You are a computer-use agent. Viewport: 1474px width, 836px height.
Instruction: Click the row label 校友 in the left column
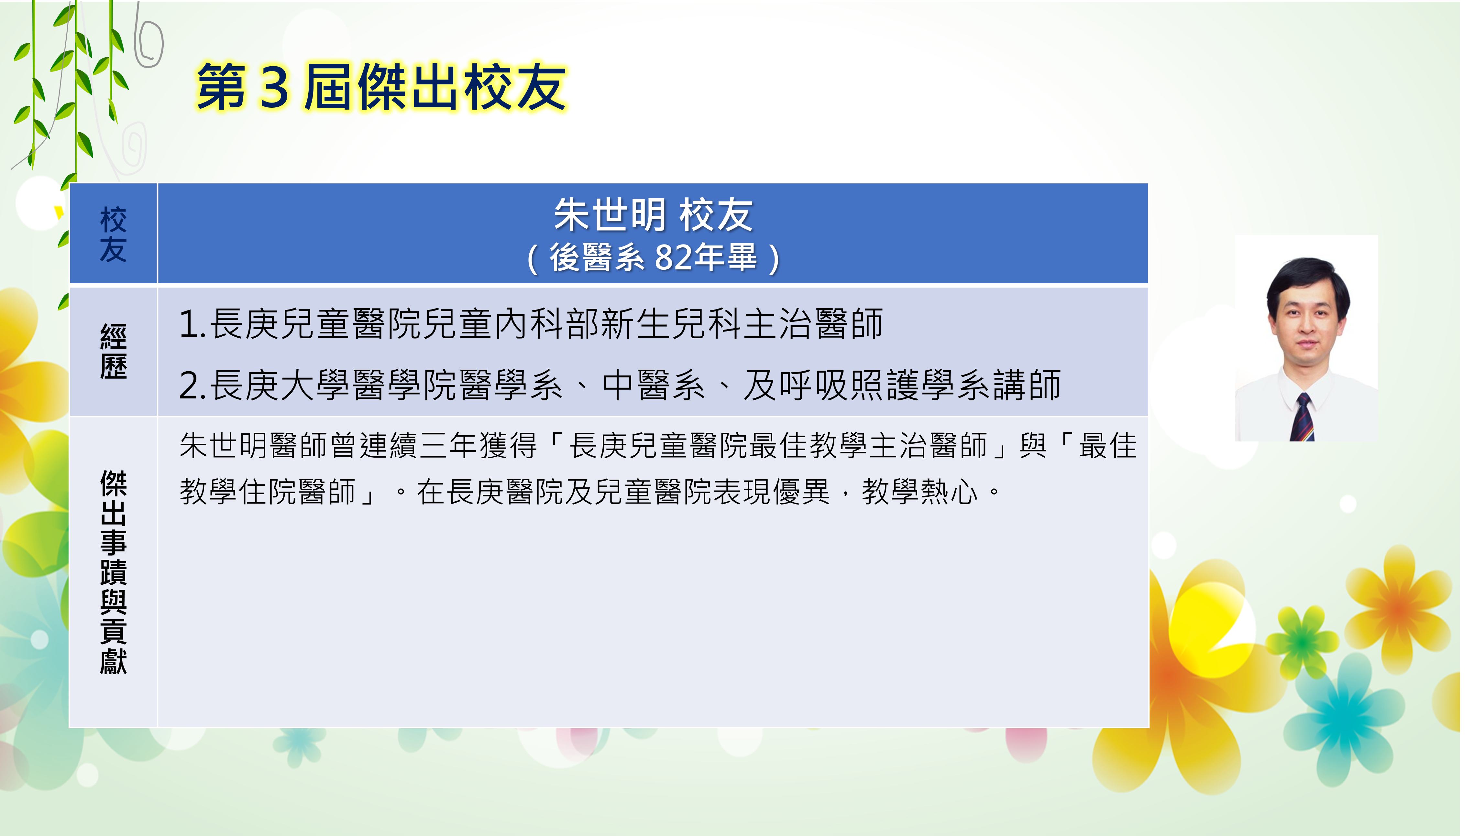click(x=113, y=234)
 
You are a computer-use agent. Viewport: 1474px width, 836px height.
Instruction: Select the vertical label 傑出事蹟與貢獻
click(x=113, y=572)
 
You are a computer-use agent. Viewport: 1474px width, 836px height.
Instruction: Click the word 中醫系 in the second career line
click(x=654, y=385)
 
